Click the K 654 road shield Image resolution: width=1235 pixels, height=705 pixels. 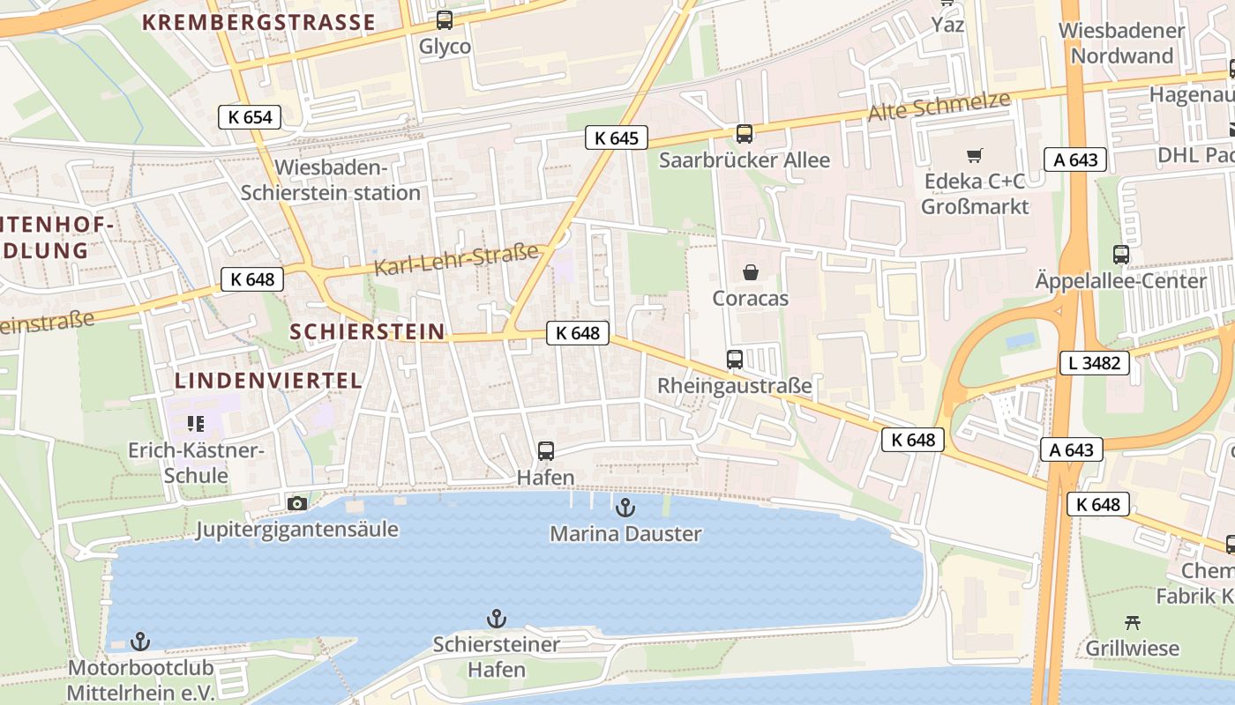coord(250,117)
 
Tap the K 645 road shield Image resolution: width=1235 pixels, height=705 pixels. coord(616,137)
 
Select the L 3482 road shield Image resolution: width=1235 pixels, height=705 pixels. coord(1094,362)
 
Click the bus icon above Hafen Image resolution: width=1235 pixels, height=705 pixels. coord(546,451)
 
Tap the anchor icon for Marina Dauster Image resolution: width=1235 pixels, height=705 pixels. coord(625,507)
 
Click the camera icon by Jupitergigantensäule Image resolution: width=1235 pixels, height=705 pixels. coord(297,503)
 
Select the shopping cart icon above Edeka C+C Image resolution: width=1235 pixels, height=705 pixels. coord(974,156)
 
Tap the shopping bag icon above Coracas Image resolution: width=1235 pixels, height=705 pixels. coord(750,272)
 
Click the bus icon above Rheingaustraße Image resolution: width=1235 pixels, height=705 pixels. coord(734,359)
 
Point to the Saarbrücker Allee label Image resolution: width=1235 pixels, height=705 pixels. coord(745,160)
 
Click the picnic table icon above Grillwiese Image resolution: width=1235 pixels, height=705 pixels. coord(1133,622)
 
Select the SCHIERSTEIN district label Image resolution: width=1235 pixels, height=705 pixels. coord(367,331)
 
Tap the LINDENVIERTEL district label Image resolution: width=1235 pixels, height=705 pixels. coord(268,381)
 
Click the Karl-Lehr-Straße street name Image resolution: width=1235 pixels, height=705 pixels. coord(456,260)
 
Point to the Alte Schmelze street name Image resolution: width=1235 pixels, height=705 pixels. coord(939,107)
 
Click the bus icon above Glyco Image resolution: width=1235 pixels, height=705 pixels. coord(445,19)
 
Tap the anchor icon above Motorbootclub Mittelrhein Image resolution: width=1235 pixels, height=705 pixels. coord(139,641)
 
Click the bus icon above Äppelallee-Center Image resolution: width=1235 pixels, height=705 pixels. coord(1120,255)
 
